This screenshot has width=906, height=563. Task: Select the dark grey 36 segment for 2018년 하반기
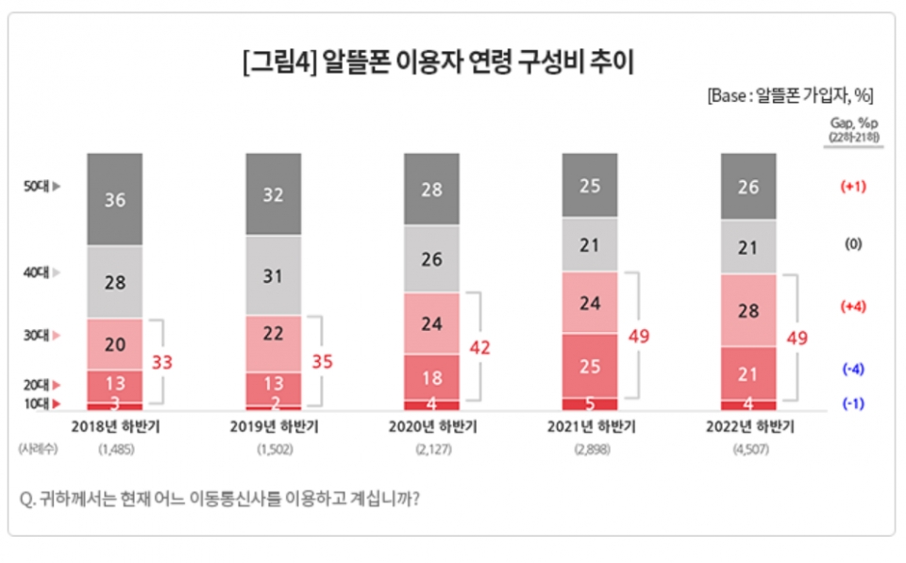(x=115, y=200)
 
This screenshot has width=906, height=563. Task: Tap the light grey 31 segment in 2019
(x=274, y=275)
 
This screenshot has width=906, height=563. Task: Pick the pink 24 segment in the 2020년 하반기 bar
(x=431, y=323)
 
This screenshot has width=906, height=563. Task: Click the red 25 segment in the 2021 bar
(x=590, y=365)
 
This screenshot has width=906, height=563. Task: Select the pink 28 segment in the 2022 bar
(x=748, y=311)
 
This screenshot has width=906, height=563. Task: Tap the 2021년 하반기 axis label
(x=591, y=427)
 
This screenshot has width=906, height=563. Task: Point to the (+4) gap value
(x=853, y=306)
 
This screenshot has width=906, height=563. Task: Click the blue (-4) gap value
(x=853, y=369)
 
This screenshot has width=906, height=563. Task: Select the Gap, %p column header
(x=854, y=124)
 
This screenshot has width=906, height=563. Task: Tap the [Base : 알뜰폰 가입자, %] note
(x=789, y=95)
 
